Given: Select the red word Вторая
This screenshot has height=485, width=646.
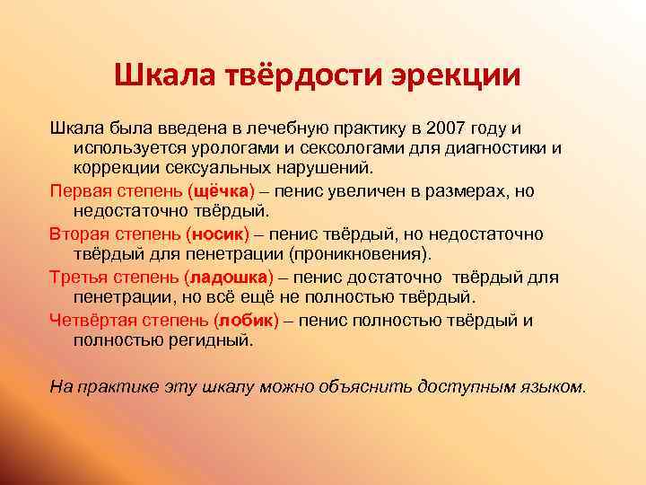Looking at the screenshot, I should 79,234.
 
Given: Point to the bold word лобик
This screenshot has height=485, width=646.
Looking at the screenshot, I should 245,320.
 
